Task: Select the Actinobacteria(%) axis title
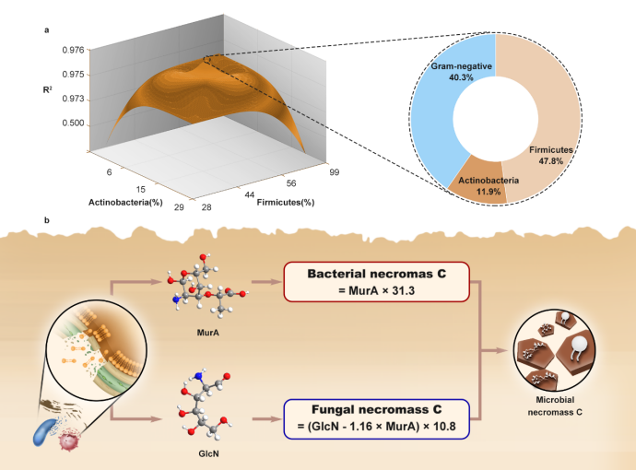(125, 201)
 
